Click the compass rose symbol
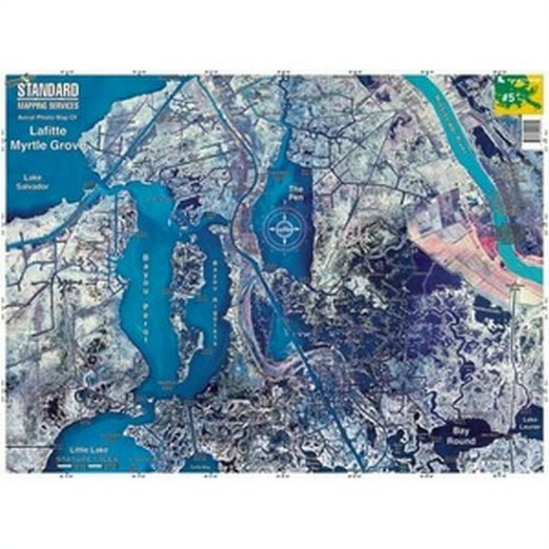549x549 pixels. coord(281,230)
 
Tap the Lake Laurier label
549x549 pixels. coord(531,422)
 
